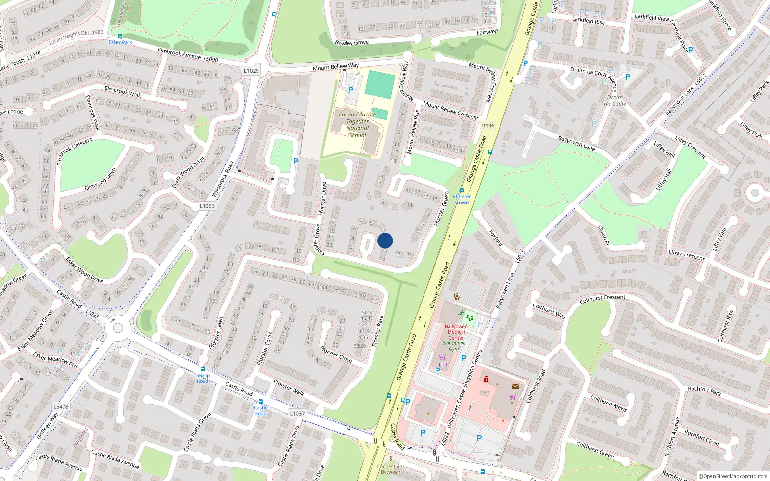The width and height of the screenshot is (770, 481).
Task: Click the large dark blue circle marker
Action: pyautogui.click(x=385, y=240)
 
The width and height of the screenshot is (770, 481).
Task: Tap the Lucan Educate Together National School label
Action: pyautogui.click(x=357, y=125)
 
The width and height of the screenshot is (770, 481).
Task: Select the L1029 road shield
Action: pyautogui.click(x=251, y=70)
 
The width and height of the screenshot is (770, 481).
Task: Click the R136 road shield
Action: pyautogui.click(x=488, y=126)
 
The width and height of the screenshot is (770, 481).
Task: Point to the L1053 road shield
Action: pyautogui.click(x=207, y=206)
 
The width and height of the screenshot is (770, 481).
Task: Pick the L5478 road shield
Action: pyautogui.click(x=61, y=406)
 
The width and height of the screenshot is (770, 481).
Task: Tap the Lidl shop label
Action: pyautogui.click(x=443, y=365)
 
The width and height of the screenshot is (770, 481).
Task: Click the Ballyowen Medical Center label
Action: pyautogui.click(x=456, y=332)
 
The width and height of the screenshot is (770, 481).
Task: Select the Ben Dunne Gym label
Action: pyautogui.click(x=454, y=346)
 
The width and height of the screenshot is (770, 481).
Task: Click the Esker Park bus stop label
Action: pyautogui.click(x=120, y=42)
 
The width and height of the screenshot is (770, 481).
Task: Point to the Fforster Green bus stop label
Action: pyautogui.click(x=462, y=199)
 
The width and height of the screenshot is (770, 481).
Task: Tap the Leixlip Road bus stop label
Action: pyautogui.click(x=203, y=378)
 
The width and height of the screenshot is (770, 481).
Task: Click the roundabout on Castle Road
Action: pyautogui.click(x=116, y=329)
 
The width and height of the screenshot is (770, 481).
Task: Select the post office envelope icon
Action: pyautogui.click(x=515, y=386)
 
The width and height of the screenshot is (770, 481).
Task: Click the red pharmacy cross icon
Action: pyautogui.click(x=486, y=380)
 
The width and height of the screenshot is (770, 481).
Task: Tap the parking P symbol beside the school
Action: pyautogui.click(x=351, y=89)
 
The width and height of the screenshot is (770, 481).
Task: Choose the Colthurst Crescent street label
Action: pyautogui.click(x=603, y=299)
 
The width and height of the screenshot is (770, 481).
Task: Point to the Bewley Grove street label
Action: pyautogui.click(x=352, y=43)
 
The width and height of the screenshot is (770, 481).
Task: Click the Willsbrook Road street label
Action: pyautogui.click(x=223, y=179)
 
